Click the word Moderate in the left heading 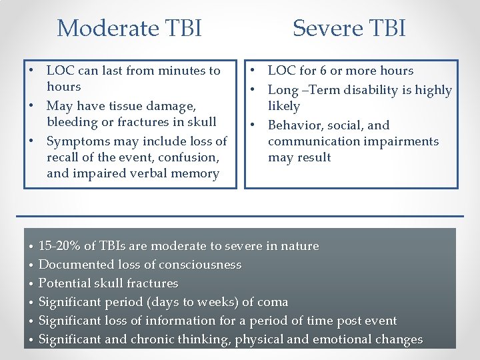tap(98, 29)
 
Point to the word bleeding tap(73, 122)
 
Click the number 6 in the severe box tap(315, 71)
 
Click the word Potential tap(65, 283)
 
